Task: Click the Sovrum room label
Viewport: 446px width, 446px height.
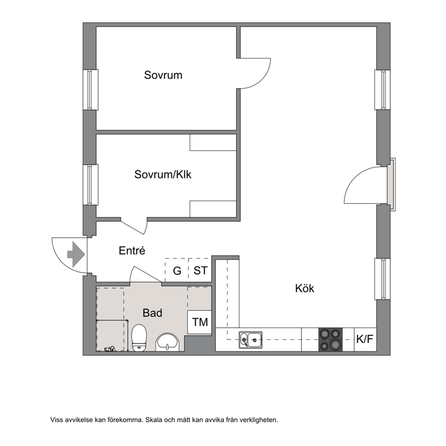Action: pyautogui.click(x=163, y=75)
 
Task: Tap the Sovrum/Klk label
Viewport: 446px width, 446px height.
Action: pyautogui.click(x=163, y=174)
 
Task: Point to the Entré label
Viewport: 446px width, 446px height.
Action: pyautogui.click(x=132, y=250)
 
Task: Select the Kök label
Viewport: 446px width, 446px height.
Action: pyautogui.click(x=305, y=289)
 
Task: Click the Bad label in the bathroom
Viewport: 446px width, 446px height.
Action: pyautogui.click(x=152, y=313)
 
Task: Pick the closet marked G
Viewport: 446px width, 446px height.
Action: pyautogui.click(x=177, y=270)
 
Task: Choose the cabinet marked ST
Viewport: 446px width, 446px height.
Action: pyautogui.click(x=200, y=270)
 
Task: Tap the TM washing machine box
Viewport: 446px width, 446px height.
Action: pyautogui.click(x=199, y=322)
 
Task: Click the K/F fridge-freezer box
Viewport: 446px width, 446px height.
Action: pyautogui.click(x=365, y=339)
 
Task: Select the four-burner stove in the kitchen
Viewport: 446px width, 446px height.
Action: pyautogui.click(x=330, y=339)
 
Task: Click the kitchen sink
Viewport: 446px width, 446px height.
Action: pyautogui.click(x=250, y=340)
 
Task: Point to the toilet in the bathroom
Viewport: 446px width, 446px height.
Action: pyautogui.click(x=139, y=338)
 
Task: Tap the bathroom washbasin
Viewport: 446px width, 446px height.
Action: pyautogui.click(x=168, y=342)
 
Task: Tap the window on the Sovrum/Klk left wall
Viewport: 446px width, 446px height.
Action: pyautogui.click(x=90, y=185)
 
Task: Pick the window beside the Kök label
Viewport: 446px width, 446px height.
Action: pyautogui.click(x=382, y=279)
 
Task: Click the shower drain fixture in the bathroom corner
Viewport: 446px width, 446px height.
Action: pyautogui.click(x=110, y=349)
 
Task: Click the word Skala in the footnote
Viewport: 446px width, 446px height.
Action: pyautogui.click(x=154, y=420)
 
